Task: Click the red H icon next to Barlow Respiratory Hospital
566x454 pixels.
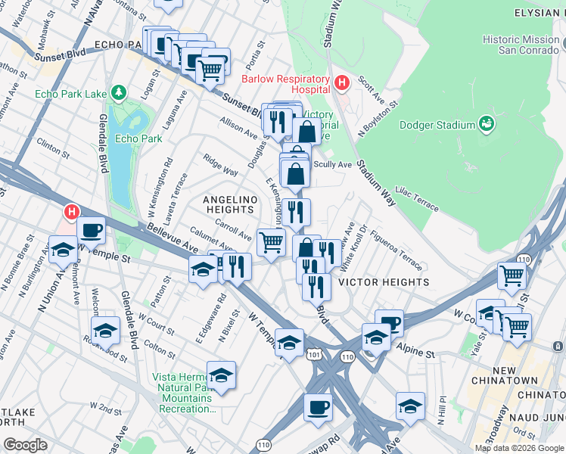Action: pyautogui.click(x=341, y=81)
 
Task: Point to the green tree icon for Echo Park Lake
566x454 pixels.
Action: pyautogui.click(x=118, y=93)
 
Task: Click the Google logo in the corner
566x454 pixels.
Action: pyautogui.click(x=25, y=445)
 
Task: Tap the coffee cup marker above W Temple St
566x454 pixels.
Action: pyautogui.click(x=91, y=229)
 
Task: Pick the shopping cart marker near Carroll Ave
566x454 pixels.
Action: pyautogui.click(x=271, y=242)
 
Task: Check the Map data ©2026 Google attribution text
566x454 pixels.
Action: pyautogui.click(x=518, y=448)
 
